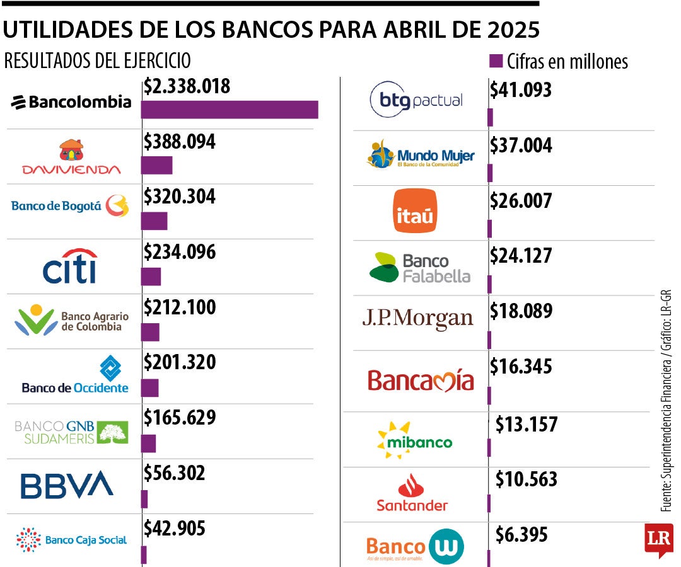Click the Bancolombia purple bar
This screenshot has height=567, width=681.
click(x=230, y=110)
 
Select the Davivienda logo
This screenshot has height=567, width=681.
click(x=71, y=157)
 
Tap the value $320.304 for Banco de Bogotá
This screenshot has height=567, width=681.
click(x=180, y=197)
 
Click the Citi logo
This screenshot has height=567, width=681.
click(x=70, y=266)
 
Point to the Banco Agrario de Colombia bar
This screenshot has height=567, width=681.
click(x=150, y=332)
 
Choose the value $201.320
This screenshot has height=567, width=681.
click(x=180, y=362)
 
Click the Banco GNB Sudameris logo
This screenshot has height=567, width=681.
click(x=71, y=432)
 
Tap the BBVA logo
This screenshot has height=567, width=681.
click(x=67, y=484)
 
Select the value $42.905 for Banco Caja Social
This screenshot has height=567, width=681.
click(x=175, y=528)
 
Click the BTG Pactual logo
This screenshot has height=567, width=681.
click(x=416, y=100)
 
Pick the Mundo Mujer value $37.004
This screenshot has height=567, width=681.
click(x=521, y=146)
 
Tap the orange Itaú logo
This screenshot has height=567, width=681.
click(x=414, y=211)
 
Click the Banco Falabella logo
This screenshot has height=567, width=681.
click(x=419, y=268)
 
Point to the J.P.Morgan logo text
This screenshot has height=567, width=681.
click(x=417, y=319)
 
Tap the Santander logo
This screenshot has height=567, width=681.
click(x=412, y=493)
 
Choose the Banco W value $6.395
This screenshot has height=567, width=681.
click(x=521, y=535)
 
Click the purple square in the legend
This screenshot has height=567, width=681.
click(x=496, y=60)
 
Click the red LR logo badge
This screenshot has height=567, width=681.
click(x=659, y=539)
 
